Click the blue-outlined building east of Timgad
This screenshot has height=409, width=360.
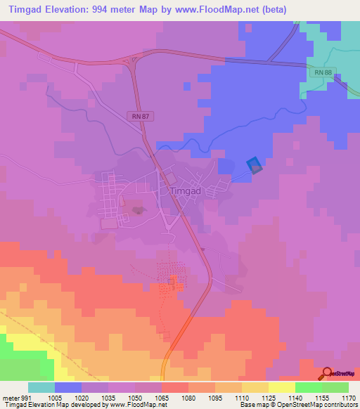tap(255, 165)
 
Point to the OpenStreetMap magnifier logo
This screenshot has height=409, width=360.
tap(328, 373)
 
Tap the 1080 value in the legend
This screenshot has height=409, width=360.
tap(188, 397)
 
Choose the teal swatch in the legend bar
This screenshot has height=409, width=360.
tap(41, 387)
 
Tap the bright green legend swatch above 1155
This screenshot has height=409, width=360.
tap(308, 387)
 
